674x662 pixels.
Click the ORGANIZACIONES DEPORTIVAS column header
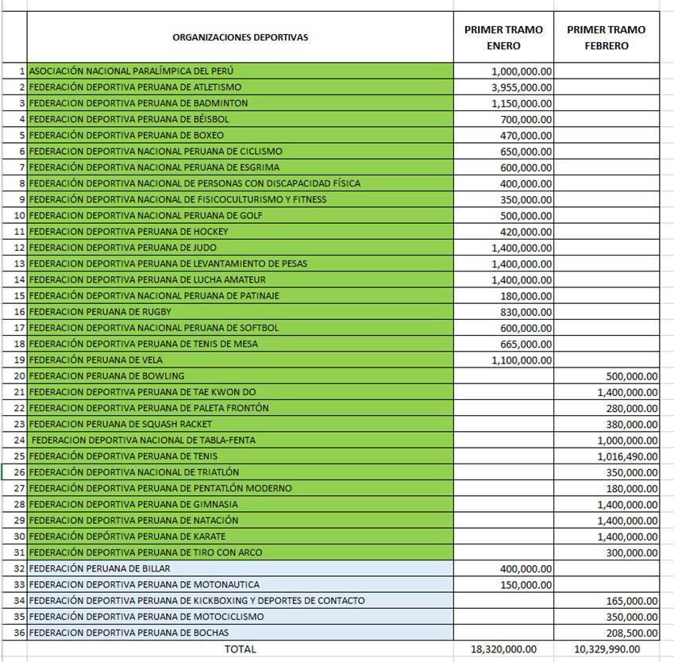[x=240, y=37]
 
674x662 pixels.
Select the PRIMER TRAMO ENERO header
[x=503, y=37]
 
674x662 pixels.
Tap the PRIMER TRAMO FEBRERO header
[x=607, y=37]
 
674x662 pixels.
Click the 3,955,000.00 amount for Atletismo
[x=522, y=87]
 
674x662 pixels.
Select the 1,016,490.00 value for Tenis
[x=627, y=456]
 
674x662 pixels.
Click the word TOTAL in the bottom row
[x=240, y=649]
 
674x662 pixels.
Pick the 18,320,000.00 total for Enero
[x=503, y=649]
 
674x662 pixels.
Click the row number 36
[x=20, y=633]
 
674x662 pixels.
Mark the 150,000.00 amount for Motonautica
[x=526, y=584]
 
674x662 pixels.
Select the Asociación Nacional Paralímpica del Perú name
[x=131, y=71]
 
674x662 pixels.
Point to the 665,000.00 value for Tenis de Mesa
[x=526, y=344]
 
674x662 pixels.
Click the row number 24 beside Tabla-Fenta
[x=20, y=440]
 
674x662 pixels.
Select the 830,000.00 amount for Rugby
[x=526, y=312]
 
